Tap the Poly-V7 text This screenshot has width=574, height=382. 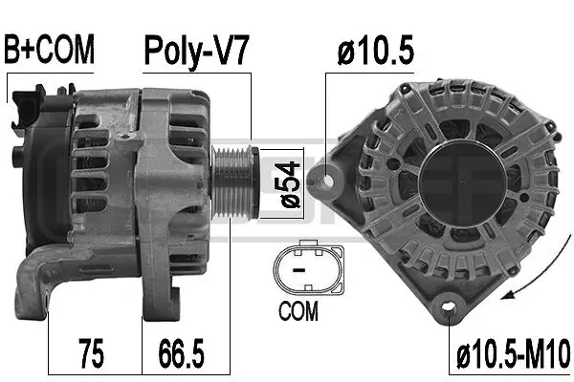click(196, 50)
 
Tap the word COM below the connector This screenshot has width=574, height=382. click(298, 311)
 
